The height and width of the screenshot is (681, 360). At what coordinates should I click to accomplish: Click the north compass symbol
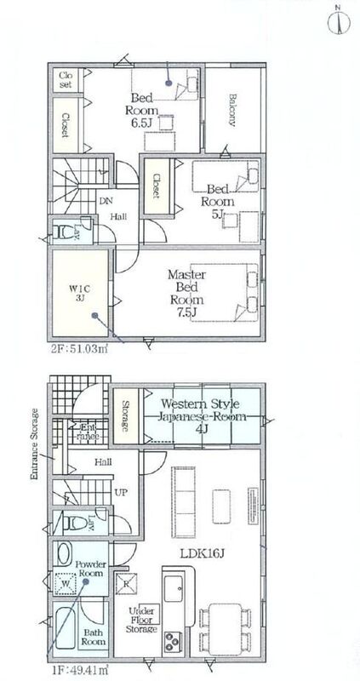pyautogui.click(x=339, y=22)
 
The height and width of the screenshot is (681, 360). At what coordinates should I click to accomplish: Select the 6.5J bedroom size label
pyautogui.click(x=141, y=123)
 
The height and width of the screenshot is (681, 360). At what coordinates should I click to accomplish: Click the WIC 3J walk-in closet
pyautogui.click(x=80, y=293)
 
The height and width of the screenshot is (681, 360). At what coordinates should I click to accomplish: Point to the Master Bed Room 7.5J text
pyautogui.click(x=186, y=293)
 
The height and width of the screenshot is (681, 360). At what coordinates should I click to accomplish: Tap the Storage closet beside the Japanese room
pyautogui.click(x=126, y=416)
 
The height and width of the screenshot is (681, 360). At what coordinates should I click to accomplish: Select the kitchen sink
pyautogui.click(x=174, y=587)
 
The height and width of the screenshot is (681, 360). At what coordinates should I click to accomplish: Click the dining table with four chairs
pyautogui.click(x=225, y=628)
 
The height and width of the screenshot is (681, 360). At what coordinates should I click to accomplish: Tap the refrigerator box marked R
pyautogui.click(x=126, y=584)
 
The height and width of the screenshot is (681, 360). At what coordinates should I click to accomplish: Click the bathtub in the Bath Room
pyautogui.click(x=66, y=628)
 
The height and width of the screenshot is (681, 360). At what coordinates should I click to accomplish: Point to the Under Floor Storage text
pyautogui.click(x=141, y=621)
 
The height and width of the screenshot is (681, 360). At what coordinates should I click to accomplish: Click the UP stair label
pyautogui.click(x=121, y=494)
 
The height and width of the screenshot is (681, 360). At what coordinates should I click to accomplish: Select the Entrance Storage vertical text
pyautogui.click(x=36, y=444)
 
